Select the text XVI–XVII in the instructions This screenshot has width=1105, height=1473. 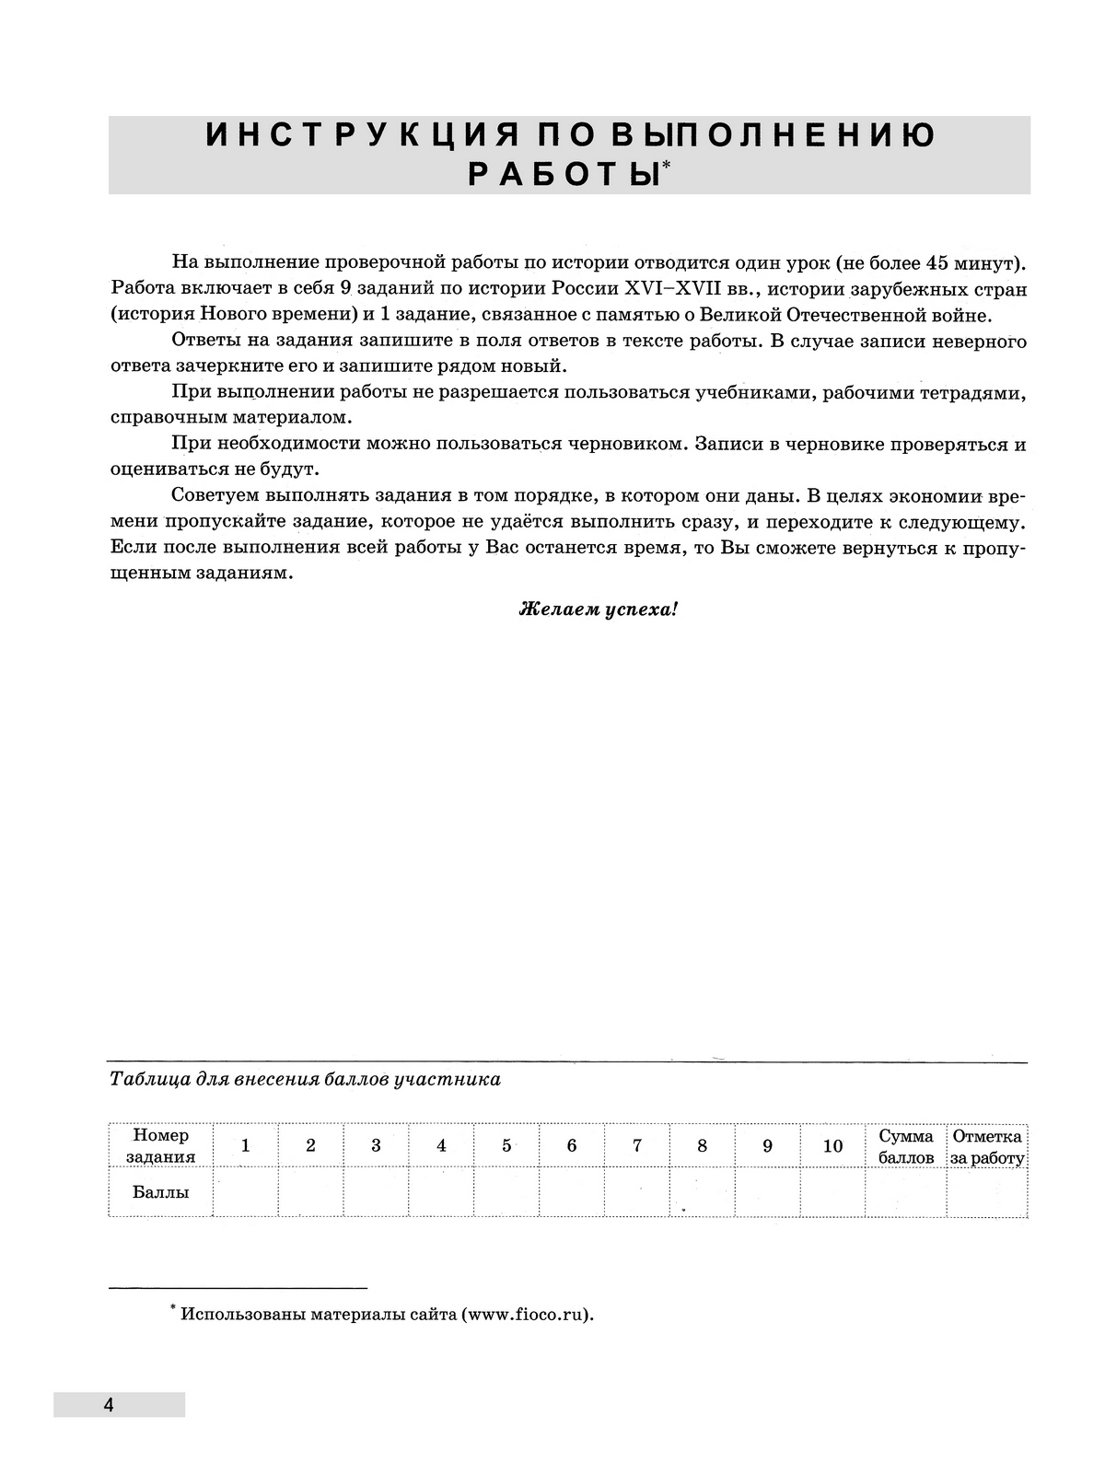click(664, 289)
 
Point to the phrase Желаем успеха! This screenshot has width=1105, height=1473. click(599, 609)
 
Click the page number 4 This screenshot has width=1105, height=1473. click(109, 1405)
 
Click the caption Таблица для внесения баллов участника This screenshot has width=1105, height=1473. click(305, 1079)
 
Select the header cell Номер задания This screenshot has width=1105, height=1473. click(160, 1146)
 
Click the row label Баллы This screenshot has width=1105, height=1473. click(160, 1192)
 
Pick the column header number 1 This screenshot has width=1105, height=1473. click(245, 1146)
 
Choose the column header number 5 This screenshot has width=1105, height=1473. click(506, 1146)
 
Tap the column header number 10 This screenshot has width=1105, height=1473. click(832, 1146)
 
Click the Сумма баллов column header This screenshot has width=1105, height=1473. click(906, 1146)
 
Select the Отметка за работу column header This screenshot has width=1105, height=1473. click(987, 1146)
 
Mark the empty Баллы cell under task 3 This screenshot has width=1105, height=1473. click(376, 1192)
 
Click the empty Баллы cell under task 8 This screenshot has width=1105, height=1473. click(703, 1192)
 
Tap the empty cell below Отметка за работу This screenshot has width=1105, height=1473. click(987, 1192)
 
